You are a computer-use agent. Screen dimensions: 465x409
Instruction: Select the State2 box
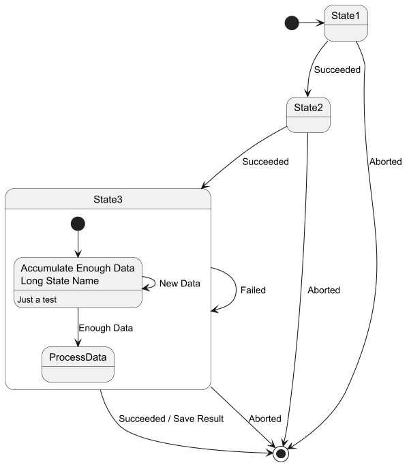pos(308,115)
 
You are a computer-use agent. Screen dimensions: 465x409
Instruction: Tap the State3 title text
pos(108,199)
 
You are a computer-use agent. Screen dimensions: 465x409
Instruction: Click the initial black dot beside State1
pos(292,23)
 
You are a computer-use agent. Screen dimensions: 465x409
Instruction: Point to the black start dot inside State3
pos(78,224)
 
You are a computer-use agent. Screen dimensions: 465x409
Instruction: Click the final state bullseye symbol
pos(282,453)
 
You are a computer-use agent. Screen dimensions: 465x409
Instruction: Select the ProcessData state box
pos(78,365)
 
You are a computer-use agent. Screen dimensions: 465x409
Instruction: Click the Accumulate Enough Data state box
pos(78,282)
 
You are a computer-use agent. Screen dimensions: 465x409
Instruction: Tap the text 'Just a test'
pos(37,299)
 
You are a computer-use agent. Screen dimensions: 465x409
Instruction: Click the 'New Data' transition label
pos(179,283)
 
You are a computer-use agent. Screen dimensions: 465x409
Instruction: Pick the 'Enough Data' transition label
pos(106,328)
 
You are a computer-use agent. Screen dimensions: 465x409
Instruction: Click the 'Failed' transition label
pos(253,290)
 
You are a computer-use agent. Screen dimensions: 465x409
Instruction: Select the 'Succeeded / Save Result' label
pos(171,418)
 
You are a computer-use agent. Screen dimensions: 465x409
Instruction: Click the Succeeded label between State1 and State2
pos(337,70)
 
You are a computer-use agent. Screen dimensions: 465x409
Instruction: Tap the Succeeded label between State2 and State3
pos(265,162)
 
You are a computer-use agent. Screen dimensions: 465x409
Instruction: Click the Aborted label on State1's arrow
pos(385,162)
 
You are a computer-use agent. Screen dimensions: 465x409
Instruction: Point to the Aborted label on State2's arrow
pos(324,290)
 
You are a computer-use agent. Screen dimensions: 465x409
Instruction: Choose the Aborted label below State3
pos(264,418)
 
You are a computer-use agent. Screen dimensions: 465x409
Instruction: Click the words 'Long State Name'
pos(60,280)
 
